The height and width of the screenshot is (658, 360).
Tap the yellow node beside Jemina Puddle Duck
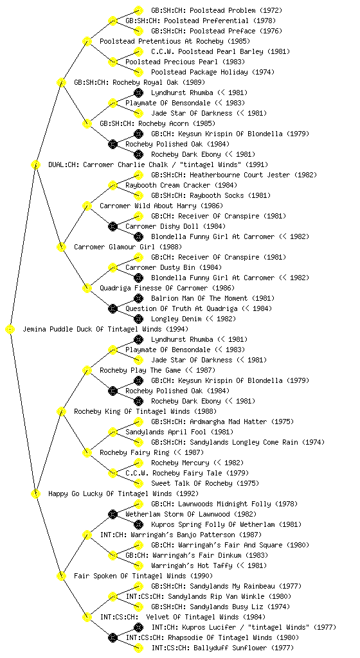point(10,330)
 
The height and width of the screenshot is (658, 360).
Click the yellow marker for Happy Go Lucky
point(35,494)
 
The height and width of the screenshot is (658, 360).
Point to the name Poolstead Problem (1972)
point(217,10)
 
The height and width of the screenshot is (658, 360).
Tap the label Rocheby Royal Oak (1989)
point(139,82)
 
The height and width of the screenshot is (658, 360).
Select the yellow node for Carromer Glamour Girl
point(61,247)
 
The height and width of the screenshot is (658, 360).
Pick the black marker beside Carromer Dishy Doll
point(113,227)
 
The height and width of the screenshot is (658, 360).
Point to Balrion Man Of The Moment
point(213,298)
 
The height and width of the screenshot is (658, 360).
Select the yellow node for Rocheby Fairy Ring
point(87,453)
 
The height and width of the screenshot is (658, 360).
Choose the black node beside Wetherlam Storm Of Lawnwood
point(113,514)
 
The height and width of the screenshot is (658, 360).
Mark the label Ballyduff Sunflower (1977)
point(222,648)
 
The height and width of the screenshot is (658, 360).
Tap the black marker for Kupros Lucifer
point(138,627)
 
